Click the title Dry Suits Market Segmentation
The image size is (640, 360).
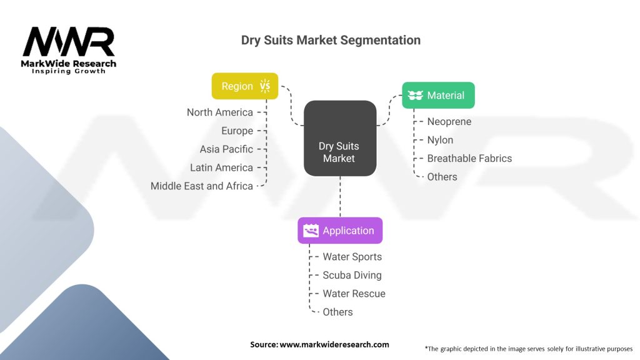331,41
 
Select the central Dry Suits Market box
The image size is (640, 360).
339,138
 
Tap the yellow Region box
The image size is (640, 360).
244,86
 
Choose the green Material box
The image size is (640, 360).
437,96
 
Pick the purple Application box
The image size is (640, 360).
339,231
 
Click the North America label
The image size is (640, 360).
220,112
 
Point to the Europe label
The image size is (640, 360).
237,131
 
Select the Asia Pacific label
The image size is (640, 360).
226,149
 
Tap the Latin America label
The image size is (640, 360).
221,167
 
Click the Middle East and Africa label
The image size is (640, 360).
202,186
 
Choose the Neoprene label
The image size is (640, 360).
449,122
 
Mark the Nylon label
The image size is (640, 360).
440,140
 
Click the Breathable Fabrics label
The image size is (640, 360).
469,159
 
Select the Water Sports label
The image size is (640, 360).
352,257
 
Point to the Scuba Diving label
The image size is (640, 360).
352,275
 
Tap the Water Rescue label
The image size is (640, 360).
354,294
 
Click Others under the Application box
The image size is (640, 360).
337,312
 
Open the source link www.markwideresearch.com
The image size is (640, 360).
334,344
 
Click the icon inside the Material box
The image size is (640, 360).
415,96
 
